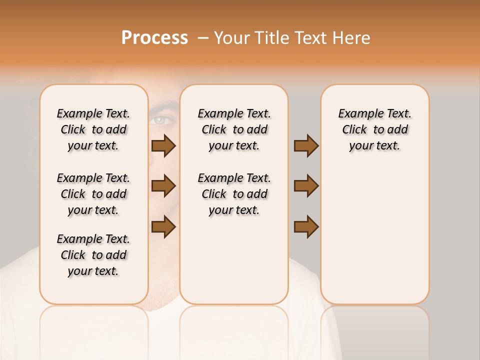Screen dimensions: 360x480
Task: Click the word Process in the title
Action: pyautogui.click(x=154, y=38)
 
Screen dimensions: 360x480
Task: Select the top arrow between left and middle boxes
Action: pyautogui.click(x=163, y=145)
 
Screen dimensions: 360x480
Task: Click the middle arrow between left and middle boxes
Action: pyautogui.click(x=163, y=186)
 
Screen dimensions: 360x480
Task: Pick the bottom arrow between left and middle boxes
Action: pyautogui.click(x=163, y=226)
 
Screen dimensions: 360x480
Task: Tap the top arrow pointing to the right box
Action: pyautogui.click(x=306, y=145)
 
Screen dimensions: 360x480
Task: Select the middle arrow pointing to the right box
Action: pyautogui.click(x=306, y=186)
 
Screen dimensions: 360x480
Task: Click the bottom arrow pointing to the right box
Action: pyautogui.click(x=306, y=226)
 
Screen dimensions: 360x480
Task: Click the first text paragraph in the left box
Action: pyautogui.click(x=93, y=129)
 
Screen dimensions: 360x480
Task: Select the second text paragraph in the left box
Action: pyautogui.click(x=93, y=194)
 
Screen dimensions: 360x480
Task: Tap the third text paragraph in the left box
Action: pyautogui.click(x=93, y=255)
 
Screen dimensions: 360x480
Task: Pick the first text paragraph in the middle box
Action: pyautogui.click(x=234, y=129)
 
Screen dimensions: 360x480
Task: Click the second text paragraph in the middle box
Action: pyautogui.click(x=234, y=194)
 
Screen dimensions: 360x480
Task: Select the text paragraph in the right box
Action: pyautogui.click(x=375, y=129)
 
